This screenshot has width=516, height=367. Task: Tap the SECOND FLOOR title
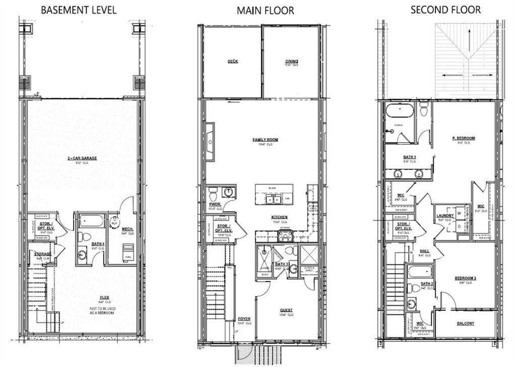[x=445, y=10]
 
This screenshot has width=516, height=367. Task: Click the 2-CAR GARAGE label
[x=82, y=158]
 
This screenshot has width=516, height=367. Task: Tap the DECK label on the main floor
[x=232, y=61]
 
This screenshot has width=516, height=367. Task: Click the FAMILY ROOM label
[x=265, y=140]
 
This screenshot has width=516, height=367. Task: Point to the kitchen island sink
[x=274, y=199]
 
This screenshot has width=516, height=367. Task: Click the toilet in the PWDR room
[x=213, y=192]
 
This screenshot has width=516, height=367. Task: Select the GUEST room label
[x=286, y=310]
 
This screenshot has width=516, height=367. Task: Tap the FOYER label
[x=244, y=319]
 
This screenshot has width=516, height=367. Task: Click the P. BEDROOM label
[x=464, y=138]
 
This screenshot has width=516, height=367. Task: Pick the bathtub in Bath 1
[x=400, y=110]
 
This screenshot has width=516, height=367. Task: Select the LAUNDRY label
[x=445, y=216]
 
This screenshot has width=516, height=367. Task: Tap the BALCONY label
[x=465, y=324]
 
